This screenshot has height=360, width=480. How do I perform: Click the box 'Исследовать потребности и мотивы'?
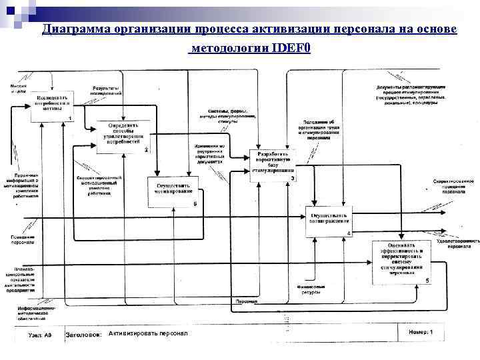52,105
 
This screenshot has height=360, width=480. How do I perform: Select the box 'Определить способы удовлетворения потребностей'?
121,137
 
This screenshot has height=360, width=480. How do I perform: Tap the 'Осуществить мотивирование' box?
173,191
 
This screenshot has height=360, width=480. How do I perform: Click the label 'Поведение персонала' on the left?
23,239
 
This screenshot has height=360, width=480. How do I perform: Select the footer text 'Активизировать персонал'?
148,333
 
